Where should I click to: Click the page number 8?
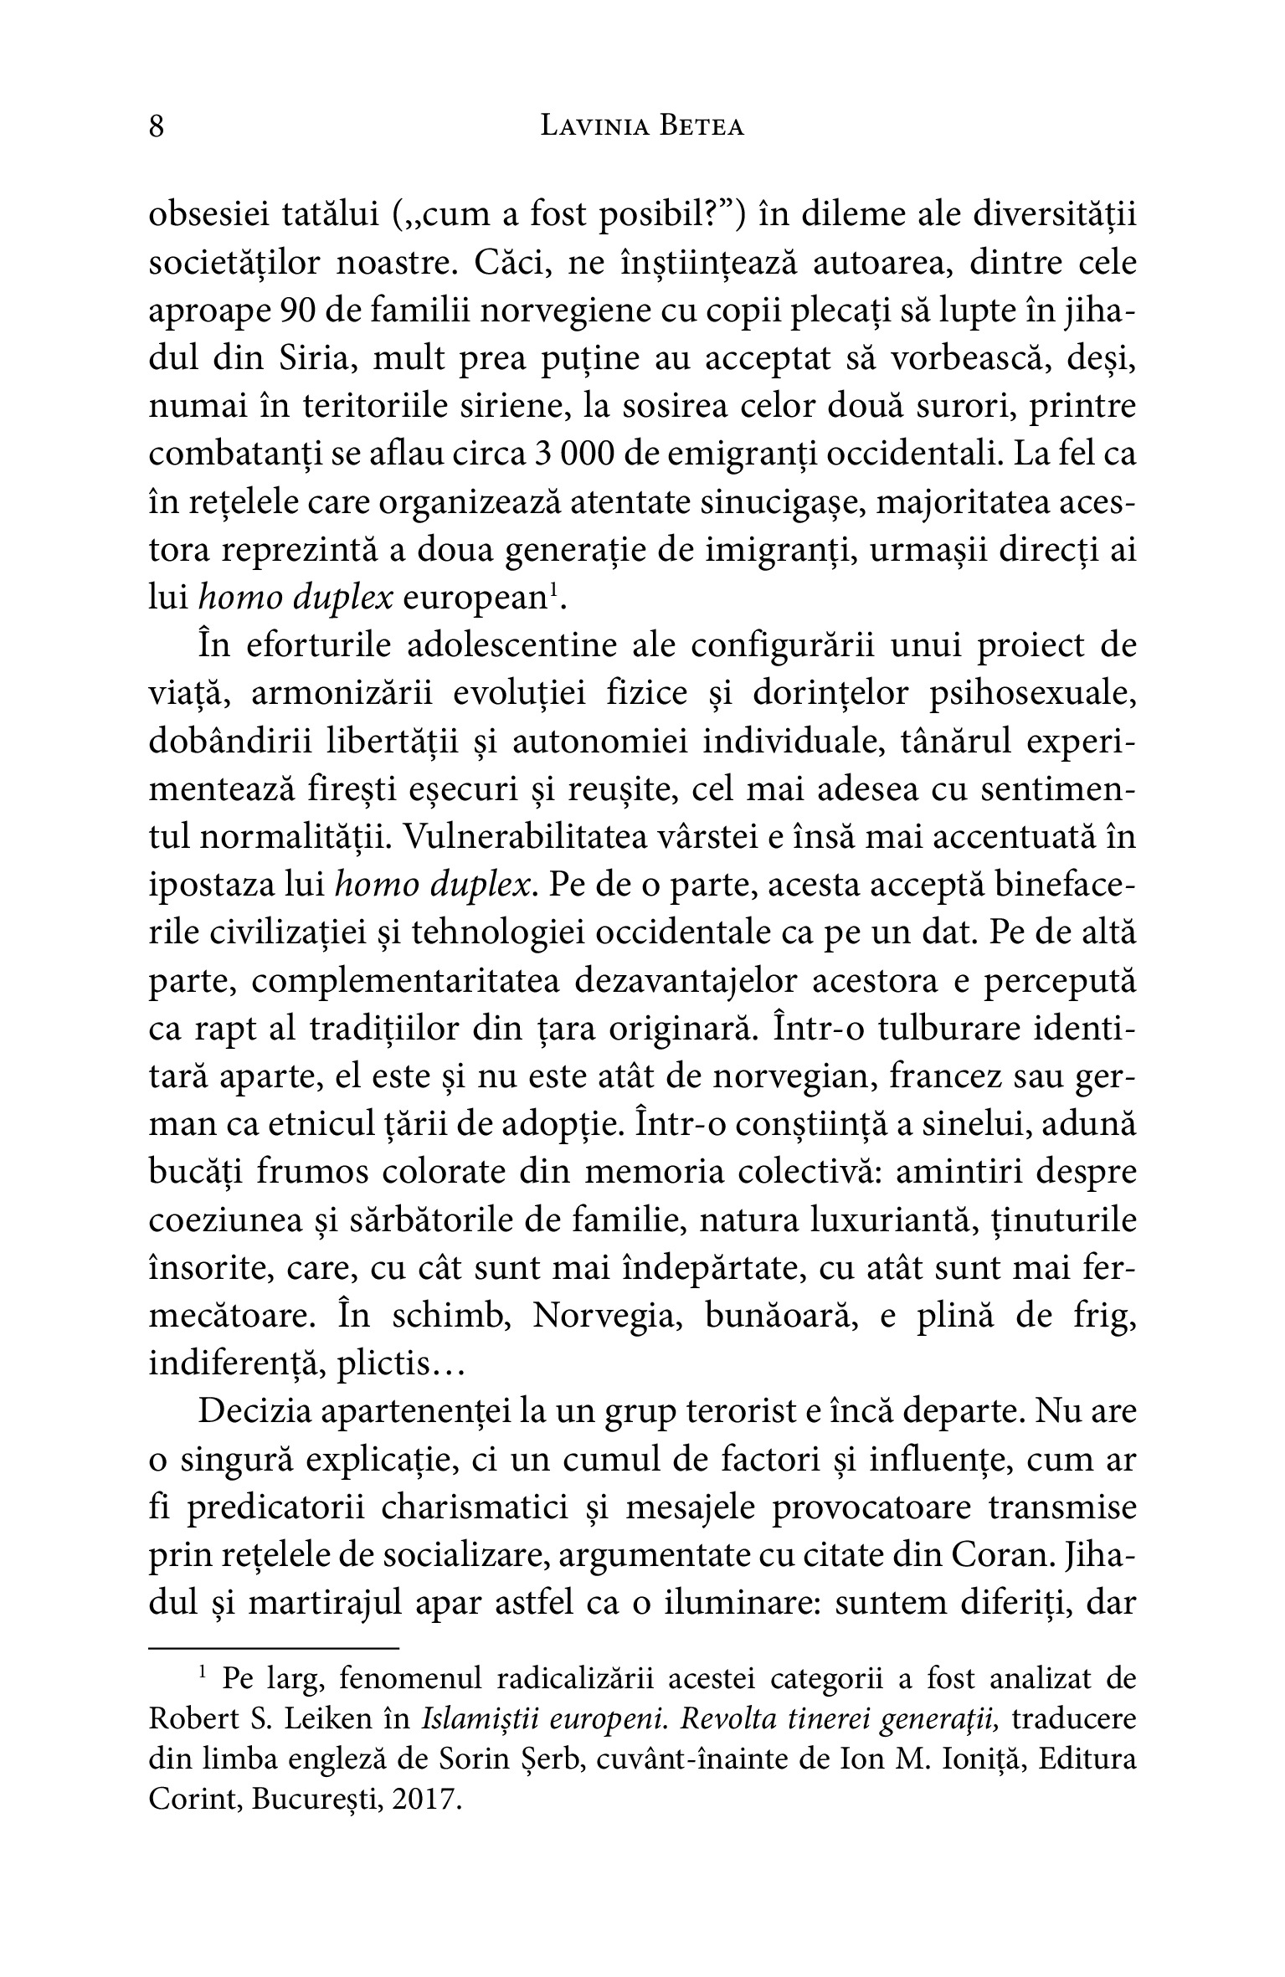[157, 127]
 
